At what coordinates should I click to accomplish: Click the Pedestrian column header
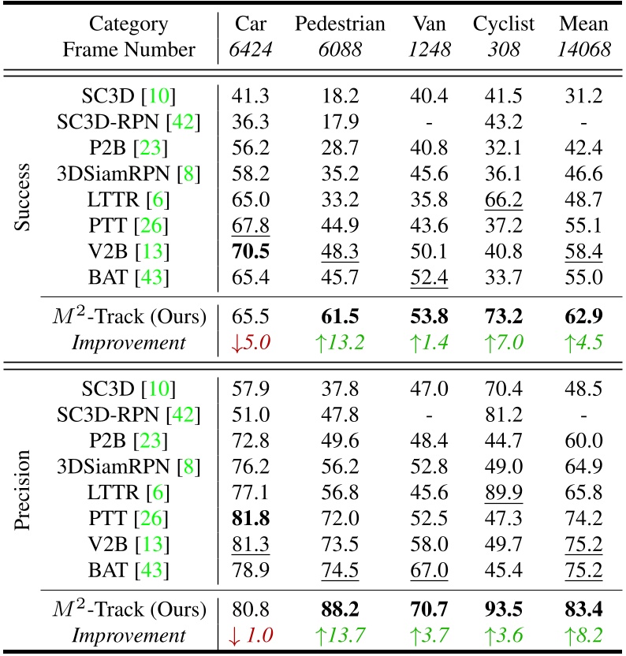[x=341, y=24]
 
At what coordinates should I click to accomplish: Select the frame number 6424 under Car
[x=251, y=50]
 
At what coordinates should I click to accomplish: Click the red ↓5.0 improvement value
[x=250, y=343]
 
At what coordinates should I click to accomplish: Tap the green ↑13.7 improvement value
[x=341, y=636]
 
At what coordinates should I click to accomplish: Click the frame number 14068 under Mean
[x=584, y=50]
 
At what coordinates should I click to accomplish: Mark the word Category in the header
[x=129, y=24]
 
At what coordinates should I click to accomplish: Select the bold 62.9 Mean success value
[x=584, y=317]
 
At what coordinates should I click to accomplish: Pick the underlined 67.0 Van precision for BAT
[x=430, y=569]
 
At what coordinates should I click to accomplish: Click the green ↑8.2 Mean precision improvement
[x=584, y=636]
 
